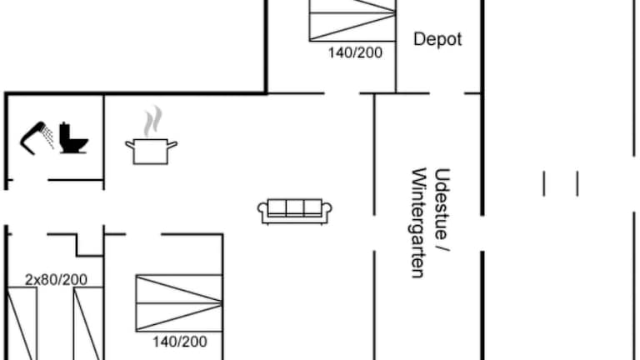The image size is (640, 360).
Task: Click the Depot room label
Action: pos(437,40)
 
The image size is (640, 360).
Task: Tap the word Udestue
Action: pos(442,203)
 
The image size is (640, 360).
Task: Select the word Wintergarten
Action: pos(418,222)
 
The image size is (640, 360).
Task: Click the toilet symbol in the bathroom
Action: pos(73,138)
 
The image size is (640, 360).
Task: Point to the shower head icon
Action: pos(37,138)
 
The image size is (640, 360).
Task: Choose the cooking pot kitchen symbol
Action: pos(151,152)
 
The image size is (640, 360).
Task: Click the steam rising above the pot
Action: pos(152,122)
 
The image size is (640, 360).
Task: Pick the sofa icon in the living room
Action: pos(295,212)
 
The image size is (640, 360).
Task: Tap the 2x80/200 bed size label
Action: pos(57,280)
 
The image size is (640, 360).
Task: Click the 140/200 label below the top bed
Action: pos(356,52)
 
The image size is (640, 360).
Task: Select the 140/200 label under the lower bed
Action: pos(180,342)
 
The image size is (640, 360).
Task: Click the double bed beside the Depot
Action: pos(352,20)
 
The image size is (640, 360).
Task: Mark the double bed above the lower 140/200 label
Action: pos(179,302)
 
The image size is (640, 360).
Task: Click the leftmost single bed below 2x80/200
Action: pos(22,323)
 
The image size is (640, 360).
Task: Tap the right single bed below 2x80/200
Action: pos(88,323)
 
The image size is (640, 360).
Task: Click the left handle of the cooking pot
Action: pos(130,145)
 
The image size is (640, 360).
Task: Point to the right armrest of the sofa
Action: pos(327,209)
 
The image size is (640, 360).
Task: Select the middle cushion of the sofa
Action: pos(295,207)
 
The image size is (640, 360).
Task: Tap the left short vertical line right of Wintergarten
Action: pos(544,183)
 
